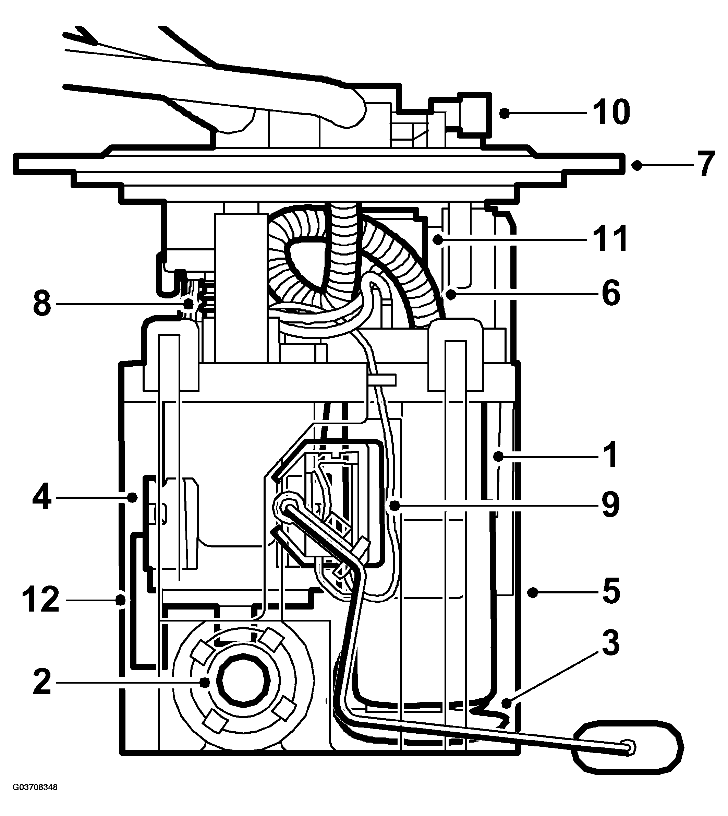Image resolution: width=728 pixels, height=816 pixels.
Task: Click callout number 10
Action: tap(611, 113)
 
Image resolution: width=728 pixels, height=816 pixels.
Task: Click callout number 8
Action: tap(42, 304)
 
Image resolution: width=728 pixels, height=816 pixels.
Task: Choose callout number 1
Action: tap(610, 455)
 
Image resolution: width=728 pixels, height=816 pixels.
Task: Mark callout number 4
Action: tap(42, 497)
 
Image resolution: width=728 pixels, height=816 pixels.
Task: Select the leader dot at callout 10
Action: tap(505, 113)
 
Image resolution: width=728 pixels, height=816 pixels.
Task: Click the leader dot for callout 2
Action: tap(205, 682)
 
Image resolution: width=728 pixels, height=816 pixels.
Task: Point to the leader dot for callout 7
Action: tap(637, 165)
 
